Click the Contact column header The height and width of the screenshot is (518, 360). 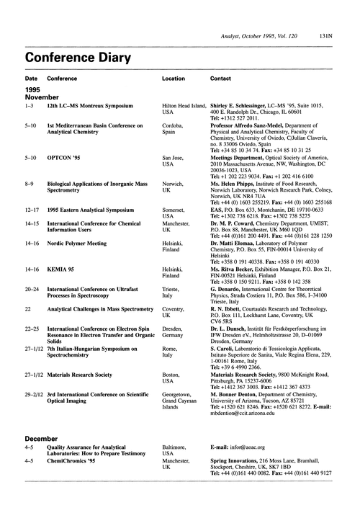coord(220,78)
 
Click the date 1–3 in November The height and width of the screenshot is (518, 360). coord(30,104)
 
